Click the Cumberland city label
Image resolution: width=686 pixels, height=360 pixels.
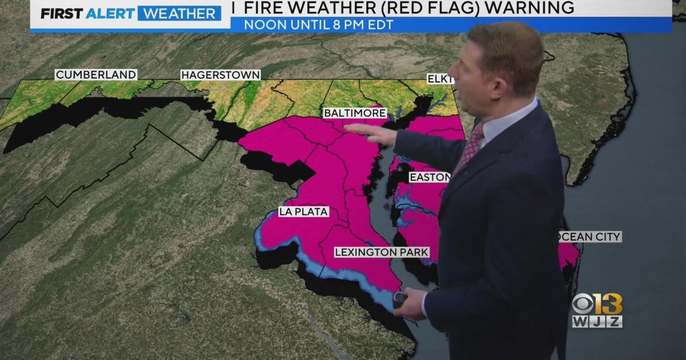coord(96,75)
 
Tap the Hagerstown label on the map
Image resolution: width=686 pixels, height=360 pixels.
coord(221,75)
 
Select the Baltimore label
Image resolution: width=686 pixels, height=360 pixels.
coord(354,113)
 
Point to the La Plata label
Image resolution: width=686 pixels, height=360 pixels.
coord(304,212)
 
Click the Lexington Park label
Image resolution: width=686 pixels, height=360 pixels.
coord(381,252)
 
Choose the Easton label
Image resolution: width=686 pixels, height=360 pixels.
coord(429,178)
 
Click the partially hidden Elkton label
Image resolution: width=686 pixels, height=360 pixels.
coord(440,79)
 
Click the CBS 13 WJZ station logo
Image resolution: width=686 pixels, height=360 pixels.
coord(597,311)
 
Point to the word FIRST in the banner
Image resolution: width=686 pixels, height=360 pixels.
coord(62,13)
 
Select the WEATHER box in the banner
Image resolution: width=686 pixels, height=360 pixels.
coord(180,13)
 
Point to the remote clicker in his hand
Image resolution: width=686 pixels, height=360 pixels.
coord(400,298)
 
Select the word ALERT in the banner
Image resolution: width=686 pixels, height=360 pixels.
coord(110,13)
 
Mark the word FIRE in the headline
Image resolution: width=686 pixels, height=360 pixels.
coord(264,7)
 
